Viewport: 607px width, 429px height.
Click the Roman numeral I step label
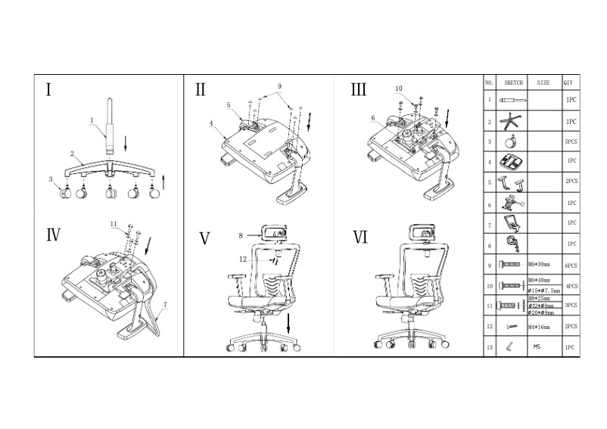pos(48,91)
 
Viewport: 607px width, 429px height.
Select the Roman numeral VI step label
pos(360,238)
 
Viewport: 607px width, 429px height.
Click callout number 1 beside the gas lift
pos(92,120)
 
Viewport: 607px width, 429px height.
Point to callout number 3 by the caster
pos(51,179)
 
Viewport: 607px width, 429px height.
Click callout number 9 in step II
pos(279,86)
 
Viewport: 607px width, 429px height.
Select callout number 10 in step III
pos(399,89)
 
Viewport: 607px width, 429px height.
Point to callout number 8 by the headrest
pos(241,236)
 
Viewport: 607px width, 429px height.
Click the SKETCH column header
pos(513,82)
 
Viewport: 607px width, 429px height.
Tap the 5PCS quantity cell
pos(571,141)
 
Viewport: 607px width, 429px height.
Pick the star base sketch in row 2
pos(513,120)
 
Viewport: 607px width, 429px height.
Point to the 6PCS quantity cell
pos(571,266)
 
